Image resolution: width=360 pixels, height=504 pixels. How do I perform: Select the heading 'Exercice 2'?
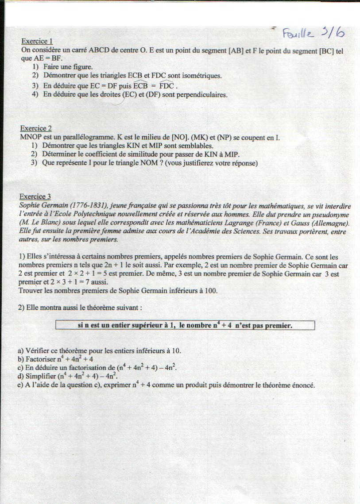coord(36,129)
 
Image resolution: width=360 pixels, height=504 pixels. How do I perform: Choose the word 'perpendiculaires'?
coord(202,94)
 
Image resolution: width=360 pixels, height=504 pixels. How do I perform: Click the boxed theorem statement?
coord(185,326)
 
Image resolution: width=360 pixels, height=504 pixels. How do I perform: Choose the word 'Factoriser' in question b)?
coord(37,359)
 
